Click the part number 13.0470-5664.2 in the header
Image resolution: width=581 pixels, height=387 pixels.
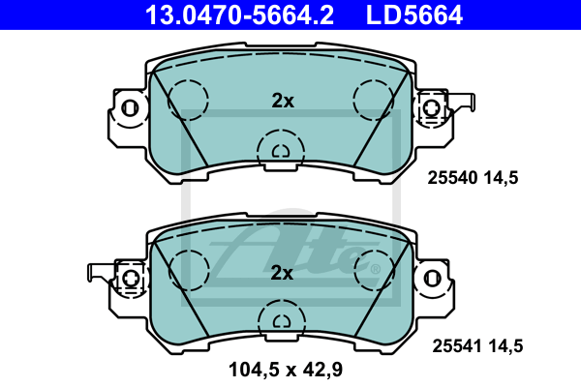pyautogui.click(x=239, y=15)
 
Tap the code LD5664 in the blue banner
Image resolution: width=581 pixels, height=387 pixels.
pyautogui.click(x=414, y=15)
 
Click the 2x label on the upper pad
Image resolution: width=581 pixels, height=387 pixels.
pyautogui.click(x=283, y=101)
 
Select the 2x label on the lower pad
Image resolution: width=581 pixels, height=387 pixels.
pyautogui.click(x=282, y=273)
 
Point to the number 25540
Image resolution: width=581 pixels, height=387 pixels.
pyautogui.click(x=452, y=178)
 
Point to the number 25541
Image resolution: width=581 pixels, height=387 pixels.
pyautogui.click(x=457, y=346)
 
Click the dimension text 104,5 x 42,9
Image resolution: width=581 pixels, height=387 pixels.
pyautogui.click(x=286, y=370)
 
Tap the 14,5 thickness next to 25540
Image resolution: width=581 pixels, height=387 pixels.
pyautogui.click(x=501, y=178)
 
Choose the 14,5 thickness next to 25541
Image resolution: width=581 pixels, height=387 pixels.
pyautogui.click(x=505, y=346)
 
